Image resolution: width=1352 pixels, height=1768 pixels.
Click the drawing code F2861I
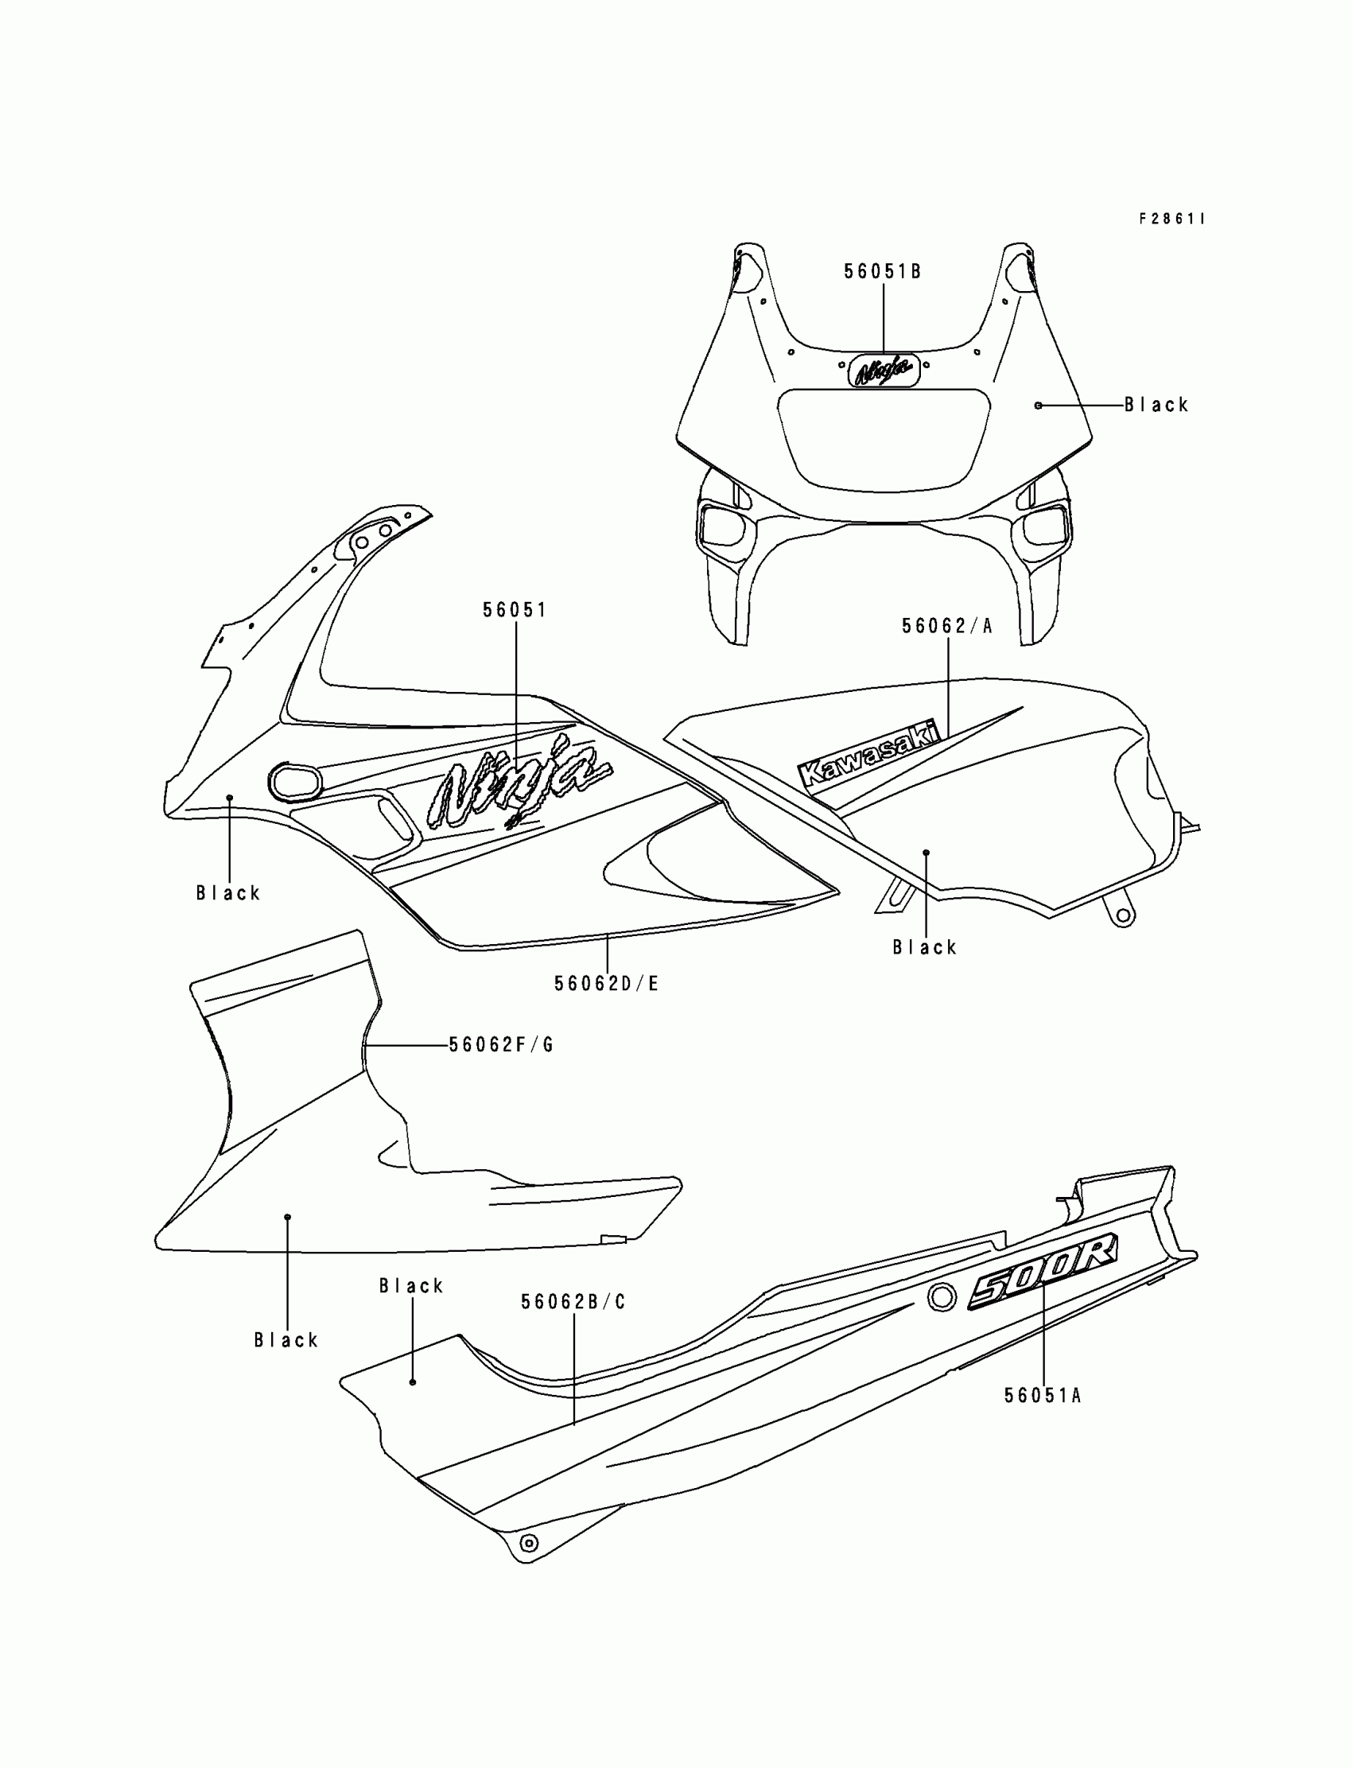[1171, 219]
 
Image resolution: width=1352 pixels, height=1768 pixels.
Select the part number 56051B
[882, 272]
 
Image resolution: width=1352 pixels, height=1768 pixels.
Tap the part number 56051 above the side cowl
[515, 610]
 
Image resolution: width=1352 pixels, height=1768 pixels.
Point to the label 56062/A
[947, 626]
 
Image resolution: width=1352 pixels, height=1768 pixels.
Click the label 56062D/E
[606, 983]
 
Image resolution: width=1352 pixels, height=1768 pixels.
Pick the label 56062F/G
[501, 1044]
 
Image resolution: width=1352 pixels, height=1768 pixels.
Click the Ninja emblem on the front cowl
[884, 370]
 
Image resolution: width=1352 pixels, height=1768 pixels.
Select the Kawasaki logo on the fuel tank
[870, 753]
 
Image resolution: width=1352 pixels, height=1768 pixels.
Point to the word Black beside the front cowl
[1156, 405]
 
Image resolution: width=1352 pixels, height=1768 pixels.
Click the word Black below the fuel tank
[925, 947]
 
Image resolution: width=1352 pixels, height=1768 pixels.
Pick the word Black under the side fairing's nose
[228, 892]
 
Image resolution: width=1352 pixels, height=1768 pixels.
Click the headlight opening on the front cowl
[883, 438]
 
